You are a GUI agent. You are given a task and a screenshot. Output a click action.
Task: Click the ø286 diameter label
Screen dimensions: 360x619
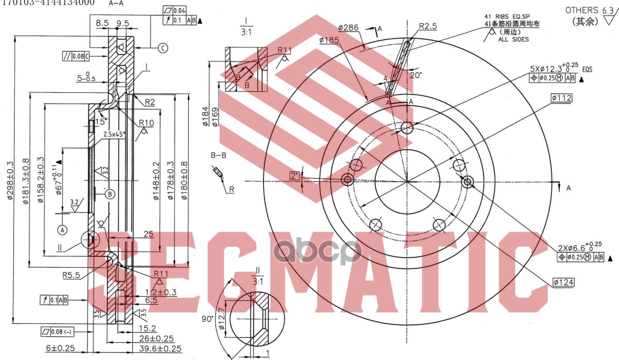[x=348, y=28]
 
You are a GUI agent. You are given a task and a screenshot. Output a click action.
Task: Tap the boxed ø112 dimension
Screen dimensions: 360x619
[x=561, y=98]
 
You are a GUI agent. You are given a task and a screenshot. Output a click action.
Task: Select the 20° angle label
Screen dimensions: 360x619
[x=415, y=75]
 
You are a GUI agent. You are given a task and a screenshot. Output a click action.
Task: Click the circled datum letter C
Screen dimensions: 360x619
[x=163, y=47]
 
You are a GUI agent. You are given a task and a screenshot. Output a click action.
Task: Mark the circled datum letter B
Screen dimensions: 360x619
[x=110, y=194]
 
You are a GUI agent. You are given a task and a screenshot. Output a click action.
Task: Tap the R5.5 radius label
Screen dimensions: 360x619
[x=71, y=275]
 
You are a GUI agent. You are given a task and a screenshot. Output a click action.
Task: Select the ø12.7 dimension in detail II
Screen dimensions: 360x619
[x=222, y=320]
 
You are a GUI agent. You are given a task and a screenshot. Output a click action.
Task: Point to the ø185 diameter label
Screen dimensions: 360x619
[x=329, y=40]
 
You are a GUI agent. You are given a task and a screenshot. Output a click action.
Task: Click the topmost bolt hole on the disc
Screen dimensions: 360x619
[x=407, y=128]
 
